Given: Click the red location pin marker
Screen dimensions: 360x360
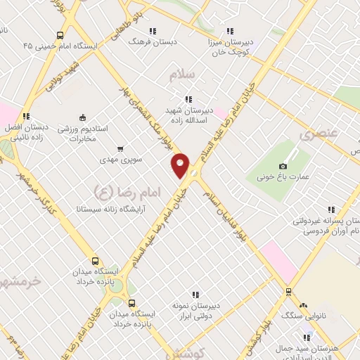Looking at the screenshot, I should [181, 165].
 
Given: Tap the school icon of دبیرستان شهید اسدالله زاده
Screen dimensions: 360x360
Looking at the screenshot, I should [187, 99].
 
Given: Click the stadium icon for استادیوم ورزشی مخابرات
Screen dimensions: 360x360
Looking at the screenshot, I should [83, 117].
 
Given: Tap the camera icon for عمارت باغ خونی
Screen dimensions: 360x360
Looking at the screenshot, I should [283, 165].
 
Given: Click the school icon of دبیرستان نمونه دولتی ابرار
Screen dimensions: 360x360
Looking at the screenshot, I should [196, 295].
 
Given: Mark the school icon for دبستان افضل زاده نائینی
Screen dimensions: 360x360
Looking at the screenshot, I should [26, 116].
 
